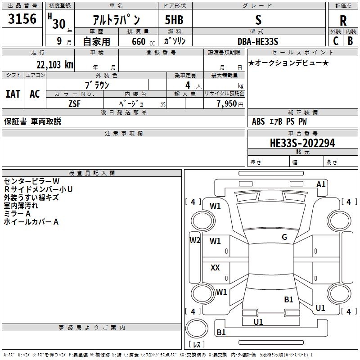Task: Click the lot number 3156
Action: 22,19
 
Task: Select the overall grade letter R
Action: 343,21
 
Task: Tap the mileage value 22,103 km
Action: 55,65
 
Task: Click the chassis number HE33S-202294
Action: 302,143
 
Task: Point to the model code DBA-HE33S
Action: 258,41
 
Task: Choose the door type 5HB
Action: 174,20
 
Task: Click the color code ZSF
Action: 75,104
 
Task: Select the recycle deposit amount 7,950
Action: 227,104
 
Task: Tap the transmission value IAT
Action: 13,94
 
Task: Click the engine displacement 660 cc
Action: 143,42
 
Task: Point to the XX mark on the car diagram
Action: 215,267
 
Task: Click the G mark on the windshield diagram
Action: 284,237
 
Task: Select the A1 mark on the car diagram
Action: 321,184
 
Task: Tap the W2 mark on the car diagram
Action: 195,240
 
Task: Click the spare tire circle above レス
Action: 197,328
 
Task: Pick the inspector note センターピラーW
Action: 31,181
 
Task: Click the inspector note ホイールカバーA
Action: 31,222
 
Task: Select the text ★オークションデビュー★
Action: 288,63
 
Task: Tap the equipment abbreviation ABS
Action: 258,121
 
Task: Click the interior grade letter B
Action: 350,41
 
